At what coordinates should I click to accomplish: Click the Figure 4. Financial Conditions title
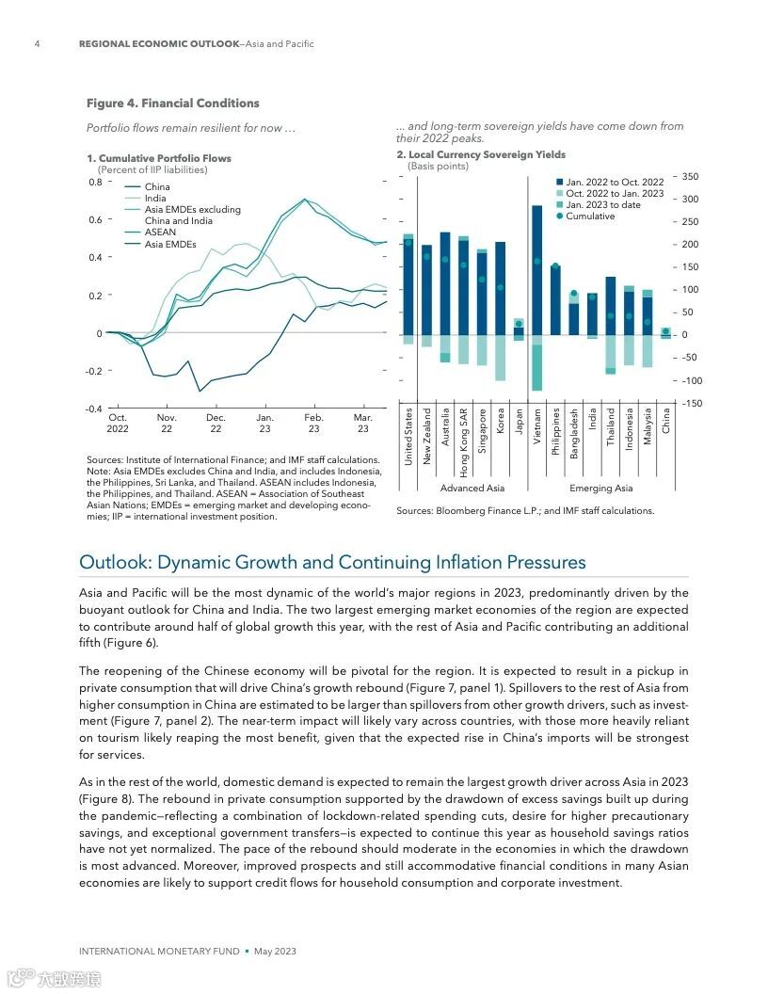click(x=172, y=104)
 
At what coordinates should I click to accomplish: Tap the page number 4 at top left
click(x=37, y=44)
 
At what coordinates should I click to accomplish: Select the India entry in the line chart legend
click(x=155, y=199)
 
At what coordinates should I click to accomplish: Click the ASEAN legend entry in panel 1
click(x=160, y=232)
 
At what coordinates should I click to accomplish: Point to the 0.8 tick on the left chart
click(x=95, y=182)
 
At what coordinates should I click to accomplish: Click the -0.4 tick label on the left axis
click(x=93, y=409)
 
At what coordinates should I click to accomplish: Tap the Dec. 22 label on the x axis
click(x=216, y=423)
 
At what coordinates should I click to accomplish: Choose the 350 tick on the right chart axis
click(x=691, y=177)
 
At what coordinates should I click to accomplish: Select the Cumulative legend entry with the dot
click(x=589, y=216)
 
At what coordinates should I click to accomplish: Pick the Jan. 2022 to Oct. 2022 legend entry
click(x=614, y=183)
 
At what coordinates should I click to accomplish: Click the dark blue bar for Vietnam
click(x=537, y=273)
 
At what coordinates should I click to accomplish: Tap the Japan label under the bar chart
click(x=519, y=420)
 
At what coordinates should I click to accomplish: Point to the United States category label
click(x=408, y=436)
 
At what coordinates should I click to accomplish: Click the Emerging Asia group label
click(x=601, y=489)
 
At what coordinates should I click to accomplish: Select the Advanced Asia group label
click(x=472, y=489)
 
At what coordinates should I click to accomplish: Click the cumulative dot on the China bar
click(x=665, y=331)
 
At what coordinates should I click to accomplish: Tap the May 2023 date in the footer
click(x=275, y=952)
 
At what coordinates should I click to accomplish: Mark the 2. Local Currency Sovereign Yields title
click(x=481, y=154)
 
